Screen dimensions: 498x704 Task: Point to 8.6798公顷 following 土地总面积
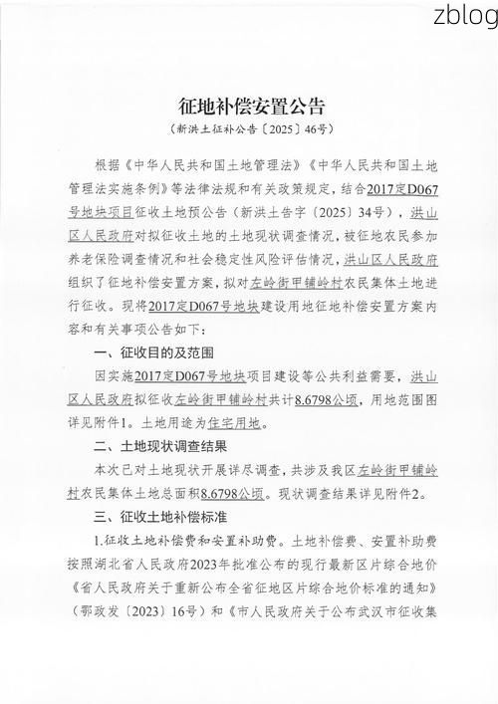pyautogui.click(x=234, y=492)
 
